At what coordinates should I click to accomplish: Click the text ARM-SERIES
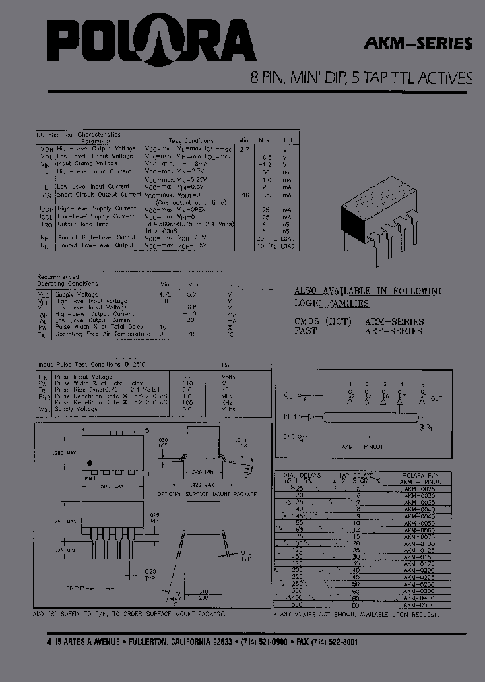point(394,321)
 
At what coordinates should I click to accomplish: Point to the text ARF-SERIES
point(394,331)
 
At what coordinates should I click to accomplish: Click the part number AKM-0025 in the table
point(419,487)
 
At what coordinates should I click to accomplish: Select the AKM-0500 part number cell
point(419,606)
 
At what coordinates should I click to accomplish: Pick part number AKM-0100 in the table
point(419,543)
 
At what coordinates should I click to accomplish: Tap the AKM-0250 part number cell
point(419,584)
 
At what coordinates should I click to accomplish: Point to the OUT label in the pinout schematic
point(437,399)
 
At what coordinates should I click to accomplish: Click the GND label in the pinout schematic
point(290,436)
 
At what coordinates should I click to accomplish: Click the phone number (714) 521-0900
point(268,642)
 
